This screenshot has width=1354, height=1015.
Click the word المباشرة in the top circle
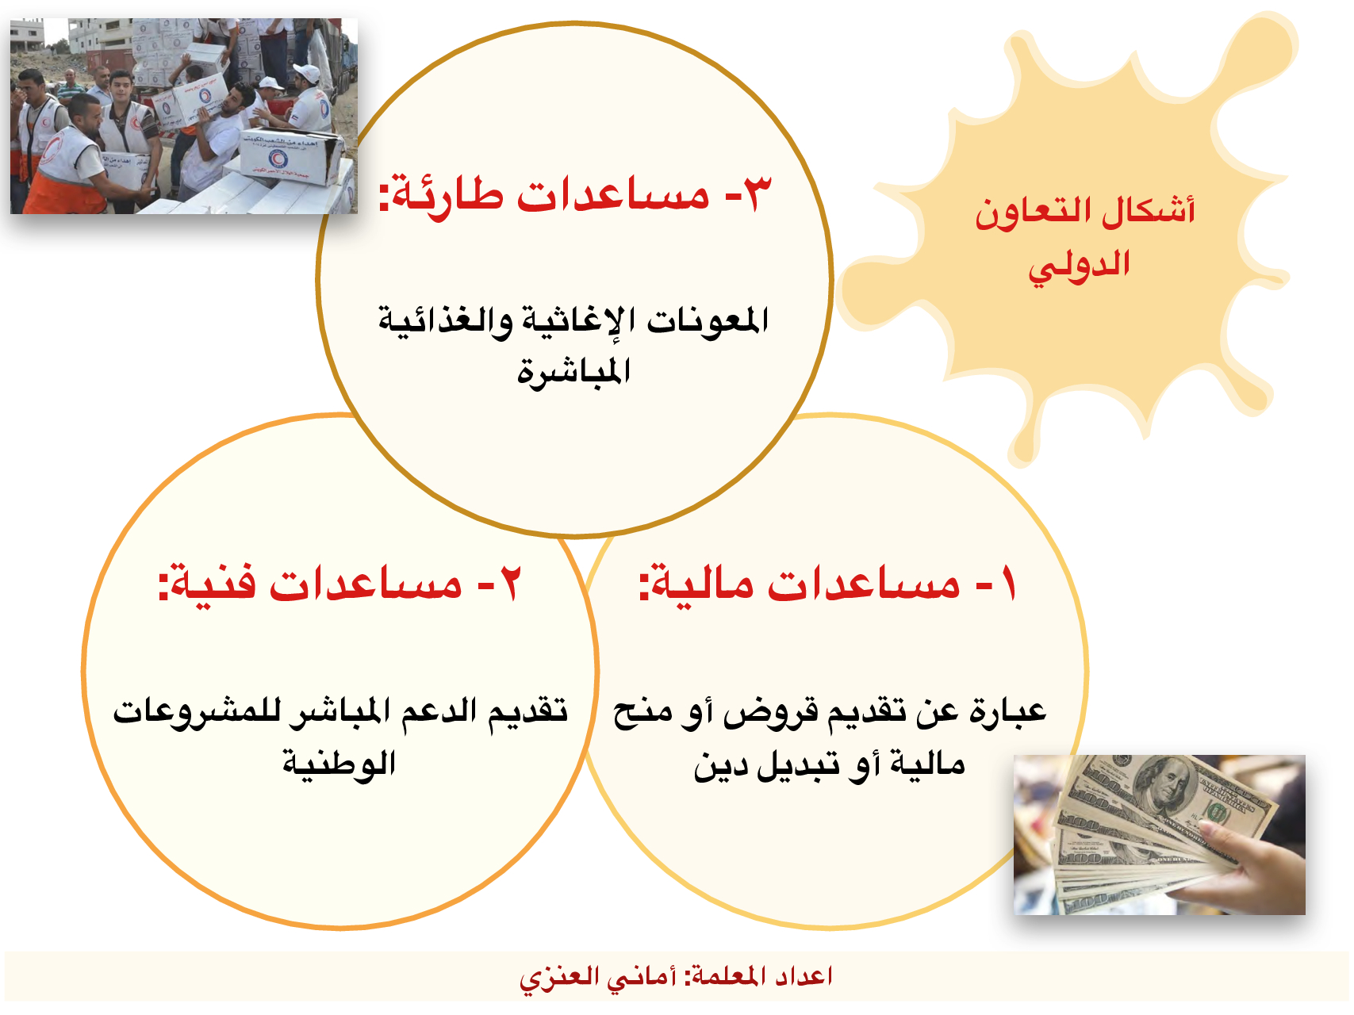(x=573, y=370)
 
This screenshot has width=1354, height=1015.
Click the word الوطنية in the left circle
(x=339, y=763)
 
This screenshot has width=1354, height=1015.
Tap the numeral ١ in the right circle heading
(x=1008, y=584)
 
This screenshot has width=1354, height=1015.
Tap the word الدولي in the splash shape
(x=1080, y=266)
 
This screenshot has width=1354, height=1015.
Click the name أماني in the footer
(x=641, y=976)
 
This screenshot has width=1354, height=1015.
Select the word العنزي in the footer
(x=558, y=977)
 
